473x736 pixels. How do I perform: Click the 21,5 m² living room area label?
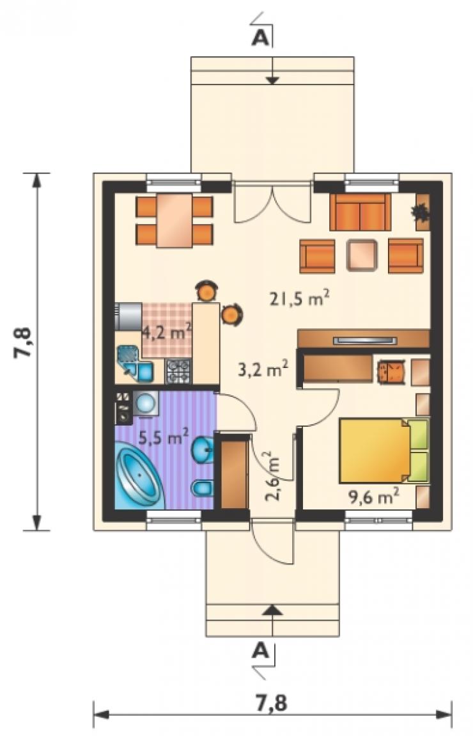(x=299, y=298)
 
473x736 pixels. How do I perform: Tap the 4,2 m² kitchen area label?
(x=166, y=333)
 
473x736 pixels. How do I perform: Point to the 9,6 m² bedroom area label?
(x=374, y=497)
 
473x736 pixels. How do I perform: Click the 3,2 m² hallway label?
(x=263, y=370)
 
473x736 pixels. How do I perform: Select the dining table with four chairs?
(x=174, y=221)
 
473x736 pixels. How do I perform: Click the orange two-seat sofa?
(x=360, y=212)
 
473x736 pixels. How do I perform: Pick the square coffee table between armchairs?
(x=361, y=255)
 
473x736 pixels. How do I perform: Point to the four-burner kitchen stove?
(x=178, y=371)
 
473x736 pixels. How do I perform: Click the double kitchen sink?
(x=134, y=364)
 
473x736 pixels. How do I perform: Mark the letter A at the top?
(x=261, y=38)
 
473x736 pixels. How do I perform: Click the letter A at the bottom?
(x=261, y=651)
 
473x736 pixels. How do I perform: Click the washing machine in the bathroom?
(x=146, y=403)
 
